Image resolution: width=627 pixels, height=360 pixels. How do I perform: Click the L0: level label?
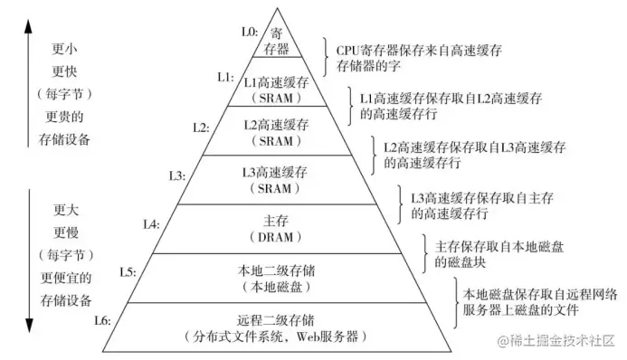(x=250, y=31)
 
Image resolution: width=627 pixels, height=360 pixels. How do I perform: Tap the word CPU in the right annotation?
(x=349, y=45)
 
